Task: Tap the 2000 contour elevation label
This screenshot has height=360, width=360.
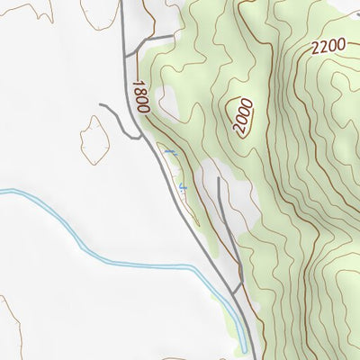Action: click(242, 116)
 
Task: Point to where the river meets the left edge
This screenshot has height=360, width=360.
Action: click(1, 191)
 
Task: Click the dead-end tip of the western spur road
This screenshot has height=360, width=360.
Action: click(101, 106)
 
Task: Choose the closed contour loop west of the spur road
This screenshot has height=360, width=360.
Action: click(94, 139)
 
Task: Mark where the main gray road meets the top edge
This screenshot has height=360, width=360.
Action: click(121, 1)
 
